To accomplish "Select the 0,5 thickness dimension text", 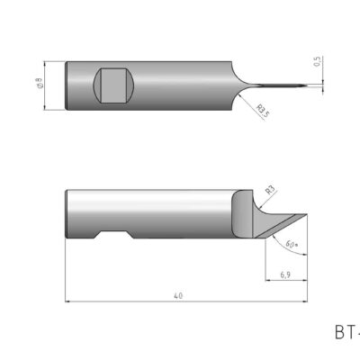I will point(316,62).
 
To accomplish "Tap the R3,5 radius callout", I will point(264,112).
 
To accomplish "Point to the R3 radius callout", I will point(270,190).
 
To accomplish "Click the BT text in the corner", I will point(346,333).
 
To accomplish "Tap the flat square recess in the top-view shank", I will point(113,85).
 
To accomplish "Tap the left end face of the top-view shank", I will point(68,85).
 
